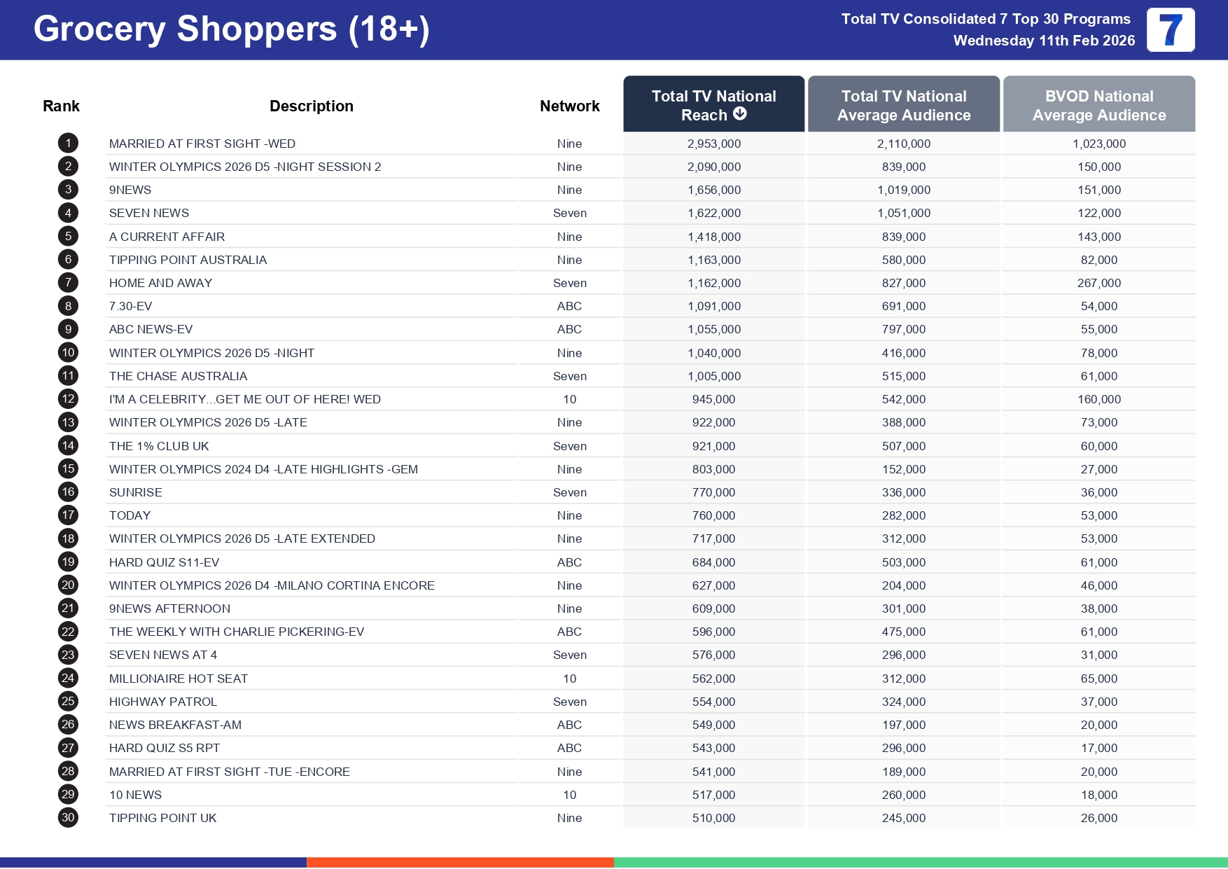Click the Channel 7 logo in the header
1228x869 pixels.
pyautogui.click(x=1170, y=30)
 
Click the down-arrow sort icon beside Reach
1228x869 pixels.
pyautogui.click(x=740, y=114)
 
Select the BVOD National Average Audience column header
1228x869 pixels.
pyautogui.click(x=1098, y=105)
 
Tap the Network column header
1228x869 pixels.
pyautogui.click(x=569, y=106)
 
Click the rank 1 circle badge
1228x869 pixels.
pyautogui.click(x=68, y=144)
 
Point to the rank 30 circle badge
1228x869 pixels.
pyautogui.click(x=68, y=818)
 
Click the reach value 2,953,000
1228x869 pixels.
pyautogui.click(x=713, y=144)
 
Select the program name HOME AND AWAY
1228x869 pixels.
pyautogui.click(x=160, y=283)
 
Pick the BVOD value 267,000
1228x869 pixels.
pyautogui.click(x=1098, y=283)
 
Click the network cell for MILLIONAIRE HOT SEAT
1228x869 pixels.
pyautogui.click(x=569, y=679)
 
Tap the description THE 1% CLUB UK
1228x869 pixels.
pyautogui.click(x=159, y=446)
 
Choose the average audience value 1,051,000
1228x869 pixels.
pyautogui.click(x=903, y=213)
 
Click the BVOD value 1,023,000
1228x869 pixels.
pyautogui.click(x=1098, y=144)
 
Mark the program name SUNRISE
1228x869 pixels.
pyautogui.click(x=136, y=492)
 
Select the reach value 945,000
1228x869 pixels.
pyautogui.click(x=713, y=399)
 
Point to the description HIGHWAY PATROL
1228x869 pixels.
pyautogui.click(x=163, y=702)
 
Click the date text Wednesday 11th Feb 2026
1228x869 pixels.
pyautogui.click(x=1044, y=41)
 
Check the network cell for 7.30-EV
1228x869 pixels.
pyautogui.click(x=569, y=306)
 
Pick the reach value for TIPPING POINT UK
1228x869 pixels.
pyautogui.click(x=713, y=818)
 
